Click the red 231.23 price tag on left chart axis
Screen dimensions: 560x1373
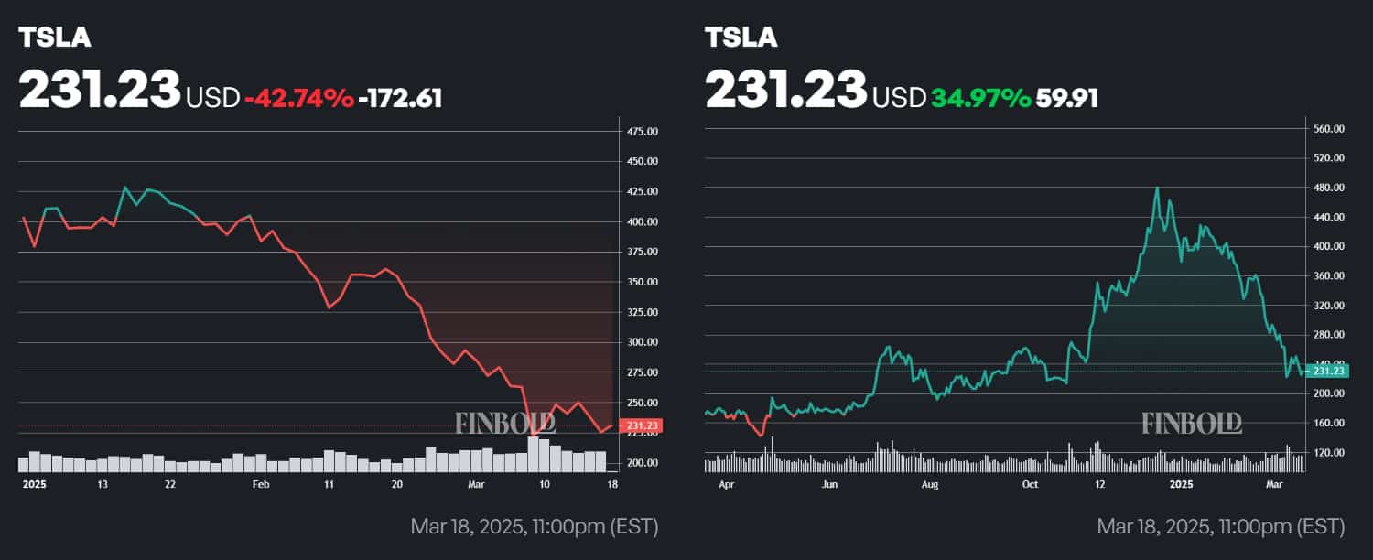(x=641, y=425)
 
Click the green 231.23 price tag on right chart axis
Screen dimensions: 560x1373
(x=1327, y=371)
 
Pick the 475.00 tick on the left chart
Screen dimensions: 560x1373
(x=642, y=132)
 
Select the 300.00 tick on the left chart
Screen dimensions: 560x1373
(x=642, y=342)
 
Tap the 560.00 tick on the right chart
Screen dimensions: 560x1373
(x=1328, y=129)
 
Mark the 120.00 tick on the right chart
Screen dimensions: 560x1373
(x=1328, y=452)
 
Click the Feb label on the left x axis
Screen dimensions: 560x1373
(x=261, y=484)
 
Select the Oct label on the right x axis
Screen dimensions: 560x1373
(x=1031, y=484)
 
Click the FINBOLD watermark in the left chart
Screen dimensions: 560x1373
(x=505, y=423)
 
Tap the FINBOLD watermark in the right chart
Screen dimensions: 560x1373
(x=1192, y=423)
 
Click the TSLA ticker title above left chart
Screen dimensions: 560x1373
(x=55, y=38)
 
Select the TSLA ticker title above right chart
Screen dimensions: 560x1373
(x=741, y=38)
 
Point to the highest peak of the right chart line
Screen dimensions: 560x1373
(x=1157, y=188)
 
